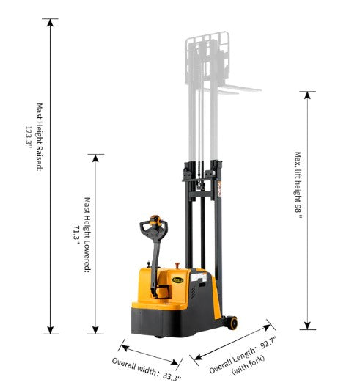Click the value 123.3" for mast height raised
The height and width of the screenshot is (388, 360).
(x=29, y=137)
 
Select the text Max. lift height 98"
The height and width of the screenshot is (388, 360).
(x=298, y=185)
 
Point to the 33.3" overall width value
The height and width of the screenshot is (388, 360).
(x=172, y=377)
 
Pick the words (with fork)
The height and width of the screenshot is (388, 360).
(x=248, y=365)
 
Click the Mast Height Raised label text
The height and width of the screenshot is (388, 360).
(x=40, y=137)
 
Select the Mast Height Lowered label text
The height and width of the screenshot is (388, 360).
(x=87, y=235)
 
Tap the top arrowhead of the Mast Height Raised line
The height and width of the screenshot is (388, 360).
(x=51, y=23)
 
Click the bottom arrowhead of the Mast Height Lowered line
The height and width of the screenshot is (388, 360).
(x=95, y=330)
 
